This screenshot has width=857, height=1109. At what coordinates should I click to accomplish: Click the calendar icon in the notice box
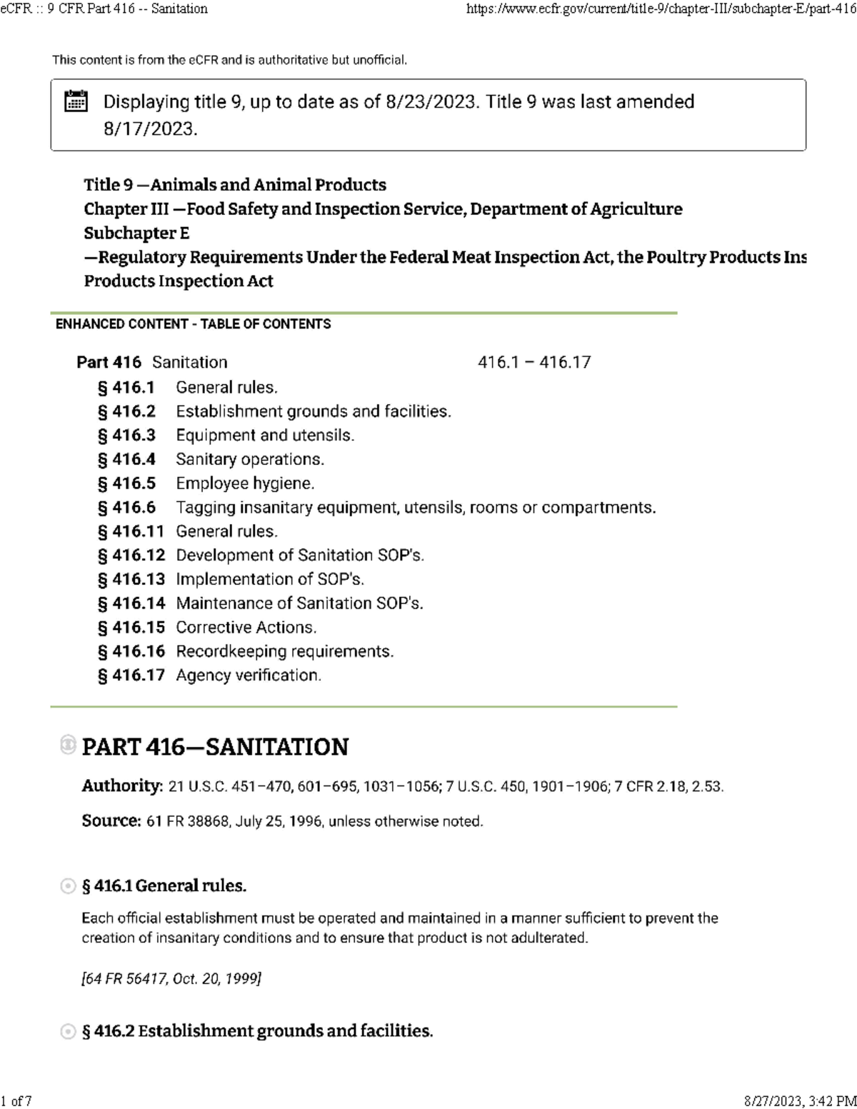click(x=76, y=101)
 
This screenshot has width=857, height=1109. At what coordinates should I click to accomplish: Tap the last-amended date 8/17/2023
click(x=150, y=129)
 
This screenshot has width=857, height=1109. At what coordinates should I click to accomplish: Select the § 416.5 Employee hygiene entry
click(x=206, y=483)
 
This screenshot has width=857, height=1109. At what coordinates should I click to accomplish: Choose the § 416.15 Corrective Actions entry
click(x=207, y=627)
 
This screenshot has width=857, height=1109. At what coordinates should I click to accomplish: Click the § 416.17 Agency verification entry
click(x=209, y=675)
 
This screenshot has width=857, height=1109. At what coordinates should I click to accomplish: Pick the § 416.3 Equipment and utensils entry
click(x=226, y=436)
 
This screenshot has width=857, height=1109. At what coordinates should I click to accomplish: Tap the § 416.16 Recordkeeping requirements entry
click(x=245, y=651)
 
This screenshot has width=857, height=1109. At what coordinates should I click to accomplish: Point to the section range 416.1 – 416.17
click(x=534, y=363)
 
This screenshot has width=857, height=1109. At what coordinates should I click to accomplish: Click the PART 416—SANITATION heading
click(x=215, y=747)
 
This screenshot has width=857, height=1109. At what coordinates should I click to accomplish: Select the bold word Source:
click(x=111, y=821)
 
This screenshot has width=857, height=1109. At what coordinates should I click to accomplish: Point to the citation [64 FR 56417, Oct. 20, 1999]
click(x=171, y=978)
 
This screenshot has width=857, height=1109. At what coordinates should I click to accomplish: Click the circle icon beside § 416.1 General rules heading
click(x=68, y=886)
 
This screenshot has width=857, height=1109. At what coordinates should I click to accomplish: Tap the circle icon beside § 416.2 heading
click(x=68, y=1031)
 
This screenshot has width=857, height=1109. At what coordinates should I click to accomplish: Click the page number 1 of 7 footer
click(x=16, y=1100)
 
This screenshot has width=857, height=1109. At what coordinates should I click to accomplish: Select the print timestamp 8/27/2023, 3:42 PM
click(x=799, y=1100)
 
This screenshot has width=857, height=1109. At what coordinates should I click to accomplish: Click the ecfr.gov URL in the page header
click(x=661, y=9)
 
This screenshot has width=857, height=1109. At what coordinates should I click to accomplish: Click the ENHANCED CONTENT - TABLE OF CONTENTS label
click(x=193, y=324)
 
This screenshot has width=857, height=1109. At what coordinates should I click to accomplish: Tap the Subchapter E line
click(x=136, y=234)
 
